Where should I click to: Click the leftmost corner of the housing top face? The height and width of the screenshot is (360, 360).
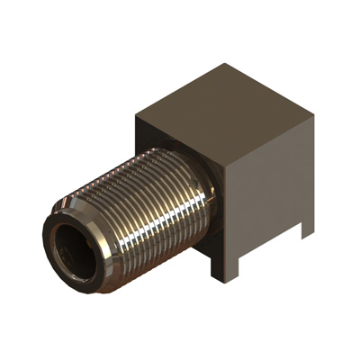pos(136,115)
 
